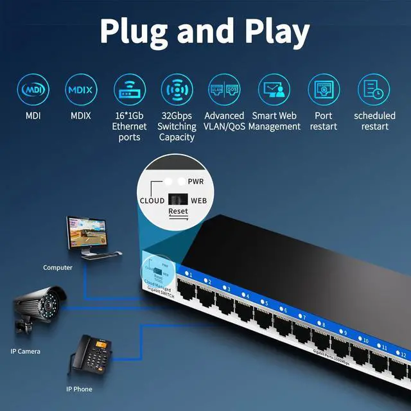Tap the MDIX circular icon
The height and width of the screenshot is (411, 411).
pyautogui.click(x=80, y=90)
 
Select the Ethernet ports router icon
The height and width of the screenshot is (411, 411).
pyautogui.click(x=129, y=90)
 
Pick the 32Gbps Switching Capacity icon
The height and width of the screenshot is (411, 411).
pyautogui.click(x=177, y=90)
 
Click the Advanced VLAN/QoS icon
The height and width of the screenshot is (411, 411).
pyautogui.click(x=224, y=90)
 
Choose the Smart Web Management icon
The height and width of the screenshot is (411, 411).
pyautogui.click(x=274, y=90)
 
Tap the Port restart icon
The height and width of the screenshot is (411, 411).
pyautogui.click(x=324, y=90)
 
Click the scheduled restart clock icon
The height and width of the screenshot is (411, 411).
pyautogui.click(x=374, y=90)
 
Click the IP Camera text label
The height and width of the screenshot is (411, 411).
pyautogui.click(x=26, y=351)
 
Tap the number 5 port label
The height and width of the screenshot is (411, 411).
pyautogui.click(x=265, y=302)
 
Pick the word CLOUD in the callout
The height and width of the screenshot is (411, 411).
pyautogui.click(x=152, y=200)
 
